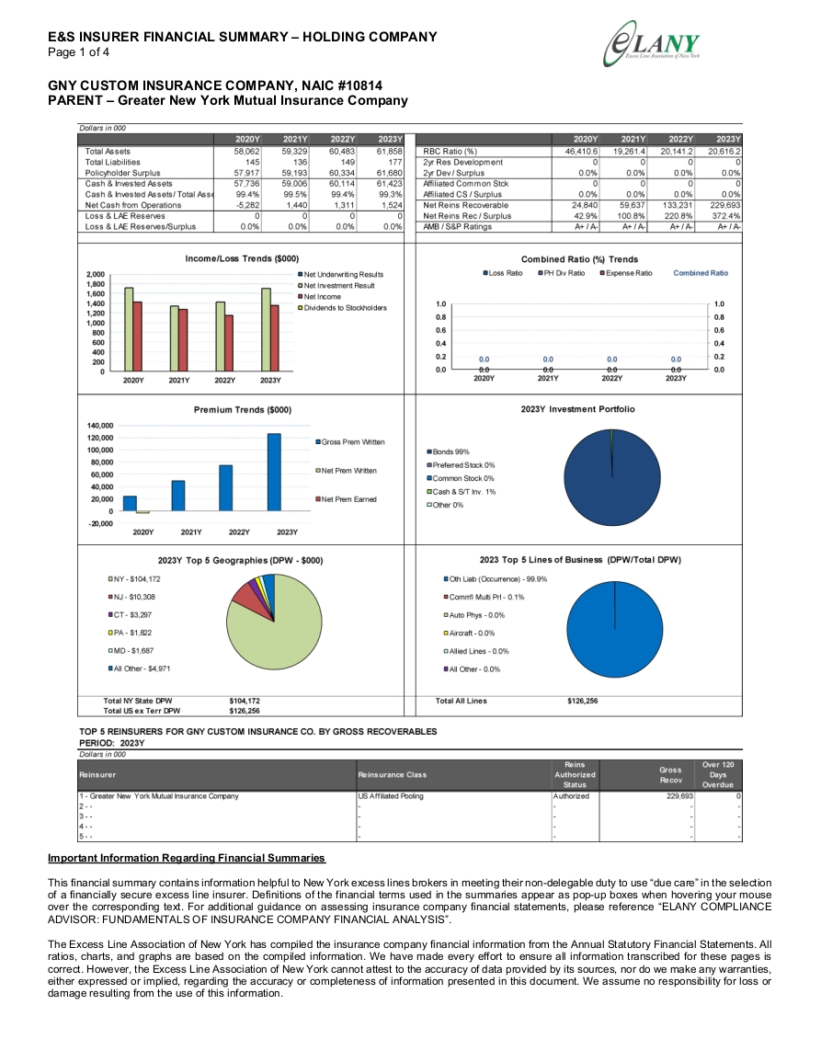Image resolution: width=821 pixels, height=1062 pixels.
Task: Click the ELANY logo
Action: click(x=652, y=44)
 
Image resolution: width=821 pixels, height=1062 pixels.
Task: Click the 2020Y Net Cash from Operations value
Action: click(x=247, y=205)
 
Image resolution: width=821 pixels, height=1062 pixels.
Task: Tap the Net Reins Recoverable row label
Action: click(x=465, y=205)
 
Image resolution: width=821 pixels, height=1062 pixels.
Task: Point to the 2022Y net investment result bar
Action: click(x=220, y=336)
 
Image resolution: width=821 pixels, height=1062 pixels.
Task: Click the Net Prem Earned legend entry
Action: click(x=346, y=499)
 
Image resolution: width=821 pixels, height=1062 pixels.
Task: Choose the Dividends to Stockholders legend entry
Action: click(x=342, y=307)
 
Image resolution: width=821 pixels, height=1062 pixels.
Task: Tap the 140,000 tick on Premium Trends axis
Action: click(x=100, y=426)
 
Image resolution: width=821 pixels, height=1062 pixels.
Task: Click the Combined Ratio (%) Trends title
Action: click(x=579, y=259)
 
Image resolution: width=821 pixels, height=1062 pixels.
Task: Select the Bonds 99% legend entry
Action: click(x=448, y=451)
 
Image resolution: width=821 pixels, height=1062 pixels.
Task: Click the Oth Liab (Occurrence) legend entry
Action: click(x=496, y=579)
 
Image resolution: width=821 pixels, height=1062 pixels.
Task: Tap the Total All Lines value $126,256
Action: click(x=583, y=701)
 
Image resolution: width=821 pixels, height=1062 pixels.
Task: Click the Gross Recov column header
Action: click(x=670, y=775)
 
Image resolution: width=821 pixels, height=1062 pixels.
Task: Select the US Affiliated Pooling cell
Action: click(x=391, y=796)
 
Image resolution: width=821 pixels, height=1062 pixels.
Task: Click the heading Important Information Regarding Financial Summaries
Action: click(x=187, y=858)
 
